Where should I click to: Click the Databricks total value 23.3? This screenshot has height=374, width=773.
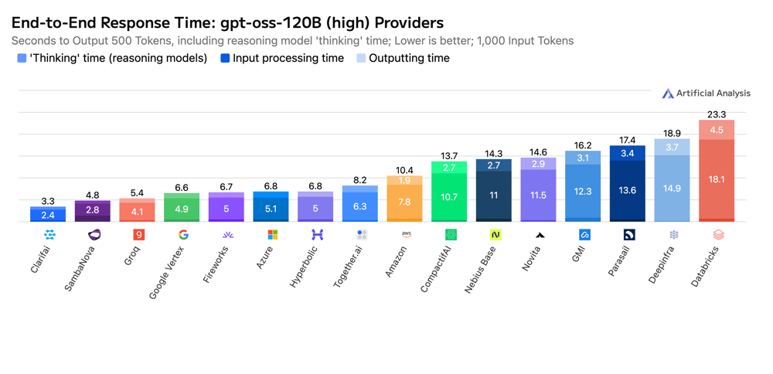(x=717, y=114)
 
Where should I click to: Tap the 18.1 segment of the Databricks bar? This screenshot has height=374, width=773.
(x=717, y=179)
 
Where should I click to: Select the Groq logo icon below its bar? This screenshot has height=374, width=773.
(x=139, y=234)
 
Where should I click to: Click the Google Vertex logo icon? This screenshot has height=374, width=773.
(x=183, y=234)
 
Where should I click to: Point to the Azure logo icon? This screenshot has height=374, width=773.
(x=272, y=234)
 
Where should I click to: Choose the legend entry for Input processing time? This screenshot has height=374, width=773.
(x=282, y=58)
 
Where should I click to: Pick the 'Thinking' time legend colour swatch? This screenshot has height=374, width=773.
(x=22, y=58)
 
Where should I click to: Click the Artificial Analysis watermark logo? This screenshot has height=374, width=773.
(x=668, y=93)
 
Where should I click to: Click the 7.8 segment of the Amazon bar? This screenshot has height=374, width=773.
(x=404, y=202)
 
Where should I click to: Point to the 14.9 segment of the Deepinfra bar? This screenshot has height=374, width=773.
(x=672, y=189)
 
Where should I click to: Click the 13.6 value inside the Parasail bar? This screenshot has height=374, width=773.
(x=627, y=191)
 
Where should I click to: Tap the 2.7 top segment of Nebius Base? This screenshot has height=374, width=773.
(x=494, y=165)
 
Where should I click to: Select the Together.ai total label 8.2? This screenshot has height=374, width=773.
(x=360, y=180)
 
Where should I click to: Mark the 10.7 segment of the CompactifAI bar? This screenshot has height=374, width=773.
(x=449, y=197)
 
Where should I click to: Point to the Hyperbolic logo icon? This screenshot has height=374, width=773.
(x=317, y=234)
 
